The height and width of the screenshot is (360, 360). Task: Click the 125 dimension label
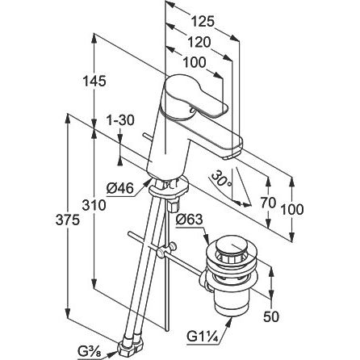203,22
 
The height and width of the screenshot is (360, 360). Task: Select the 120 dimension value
199,42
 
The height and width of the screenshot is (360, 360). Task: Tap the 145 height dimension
94,82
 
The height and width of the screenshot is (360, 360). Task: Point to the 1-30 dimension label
119,120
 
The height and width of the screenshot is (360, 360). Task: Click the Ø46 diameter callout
120,188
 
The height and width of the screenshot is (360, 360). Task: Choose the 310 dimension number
94,206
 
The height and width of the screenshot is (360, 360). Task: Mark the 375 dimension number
68,220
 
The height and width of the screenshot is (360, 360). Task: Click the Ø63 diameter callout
189,220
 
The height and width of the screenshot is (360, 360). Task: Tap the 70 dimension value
269,203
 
